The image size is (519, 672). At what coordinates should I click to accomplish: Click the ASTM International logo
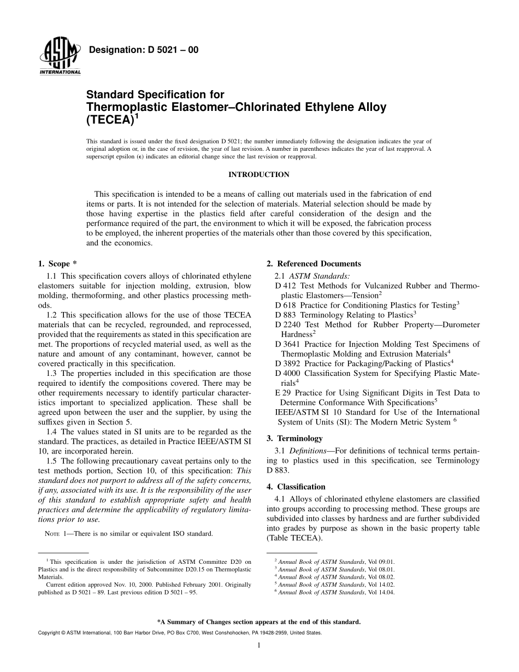[x=60, y=58]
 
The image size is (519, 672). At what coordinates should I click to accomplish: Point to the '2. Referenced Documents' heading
[x=314, y=264]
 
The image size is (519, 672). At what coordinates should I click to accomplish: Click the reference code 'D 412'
[x=285, y=286]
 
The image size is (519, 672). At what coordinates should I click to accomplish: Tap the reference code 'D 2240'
[x=288, y=325]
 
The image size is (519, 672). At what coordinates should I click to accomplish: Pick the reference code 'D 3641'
[x=288, y=344]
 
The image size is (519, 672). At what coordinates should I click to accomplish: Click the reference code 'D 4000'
[x=288, y=373]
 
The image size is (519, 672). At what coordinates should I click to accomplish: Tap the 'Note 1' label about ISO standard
[x=57, y=534]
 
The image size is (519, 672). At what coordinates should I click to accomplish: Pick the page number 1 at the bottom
[x=258, y=645]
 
